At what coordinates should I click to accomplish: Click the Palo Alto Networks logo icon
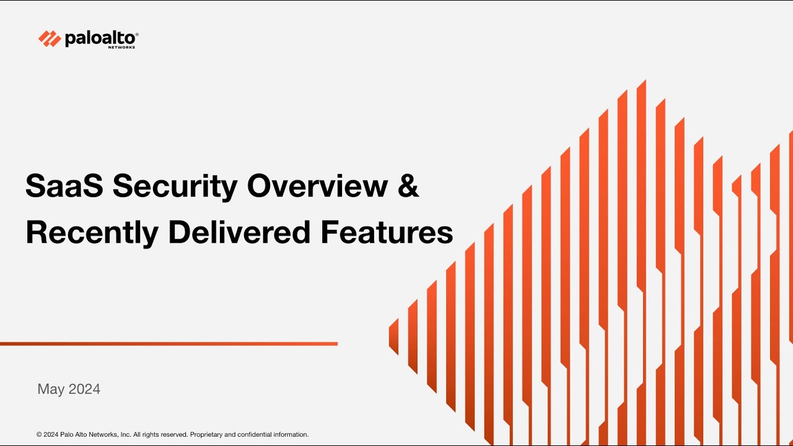(50, 38)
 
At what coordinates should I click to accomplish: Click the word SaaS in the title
(61, 186)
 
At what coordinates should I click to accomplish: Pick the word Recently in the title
(91, 233)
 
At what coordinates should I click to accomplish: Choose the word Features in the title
(387, 232)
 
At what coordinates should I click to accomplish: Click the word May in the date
(51, 390)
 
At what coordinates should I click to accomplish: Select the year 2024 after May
(84, 389)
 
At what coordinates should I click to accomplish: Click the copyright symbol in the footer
(39, 435)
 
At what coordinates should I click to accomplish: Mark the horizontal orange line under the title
(169, 343)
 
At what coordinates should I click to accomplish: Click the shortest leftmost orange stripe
(393, 336)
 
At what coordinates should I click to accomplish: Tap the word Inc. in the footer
(125, 435)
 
